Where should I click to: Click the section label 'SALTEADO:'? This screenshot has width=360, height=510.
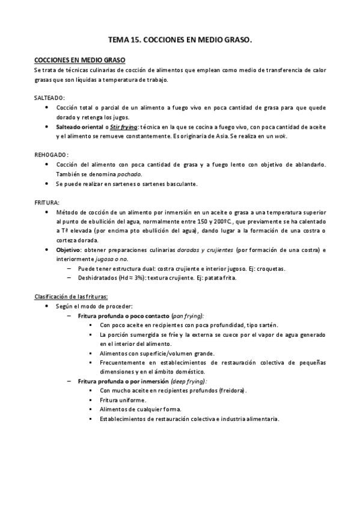pyautogui.click(x=50, y=97)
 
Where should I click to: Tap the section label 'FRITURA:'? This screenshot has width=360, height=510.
pyautogui.click(x=47, y=203)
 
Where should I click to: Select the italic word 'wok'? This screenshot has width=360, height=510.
pyautogui.click(x=281, y=136)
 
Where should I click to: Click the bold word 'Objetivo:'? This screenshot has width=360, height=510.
pyautogui.click(x=69, y=250)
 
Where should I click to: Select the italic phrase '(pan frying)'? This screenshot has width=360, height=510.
pyautogui.click(x=188, y=316)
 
